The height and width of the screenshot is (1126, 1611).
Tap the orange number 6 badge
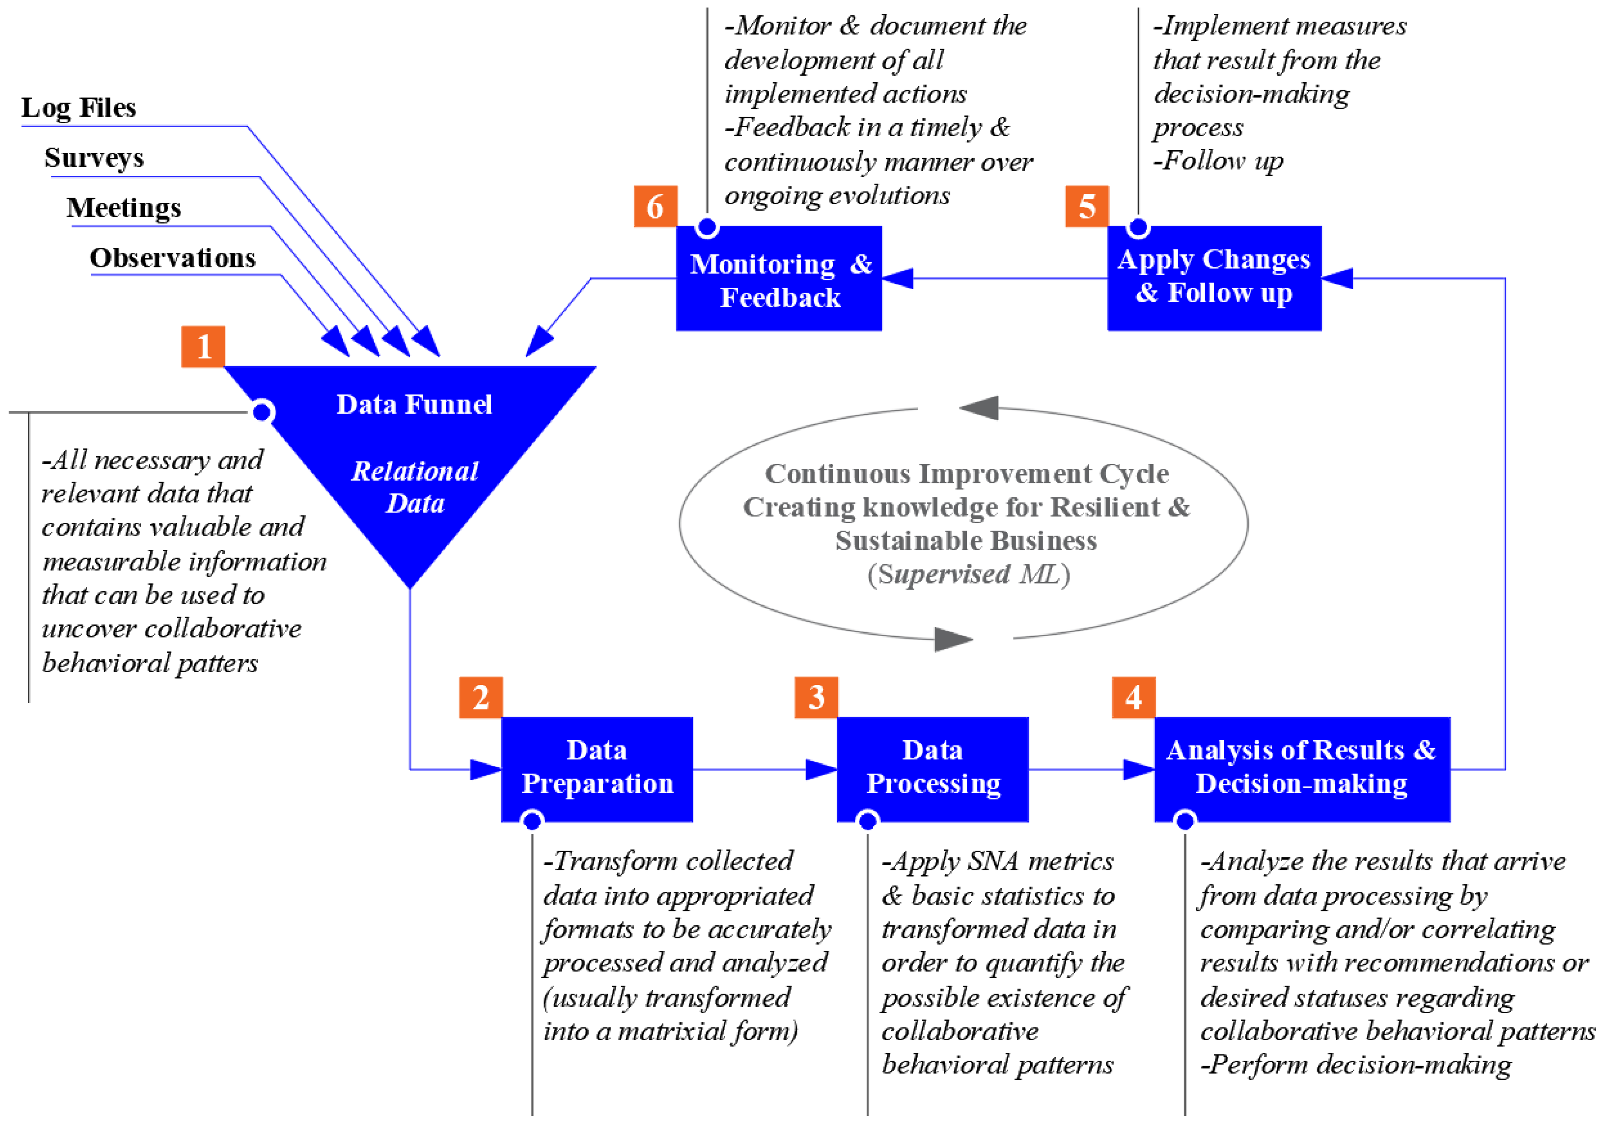(655, 206)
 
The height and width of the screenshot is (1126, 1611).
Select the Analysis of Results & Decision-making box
(1302, 769)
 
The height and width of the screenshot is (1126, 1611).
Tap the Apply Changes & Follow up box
(1214, 278)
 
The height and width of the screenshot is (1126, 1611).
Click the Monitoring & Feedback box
(779, 278)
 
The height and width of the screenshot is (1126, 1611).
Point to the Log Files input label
(78, 108)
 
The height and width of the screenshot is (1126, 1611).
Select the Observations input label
(172, 257)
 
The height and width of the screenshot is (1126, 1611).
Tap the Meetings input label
(124, 208)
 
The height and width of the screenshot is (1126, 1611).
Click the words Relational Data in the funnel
(415, 487)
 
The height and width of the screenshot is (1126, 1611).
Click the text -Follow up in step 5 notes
(1218, 161)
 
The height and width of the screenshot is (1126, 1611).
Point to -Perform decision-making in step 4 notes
(1356, 1064)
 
